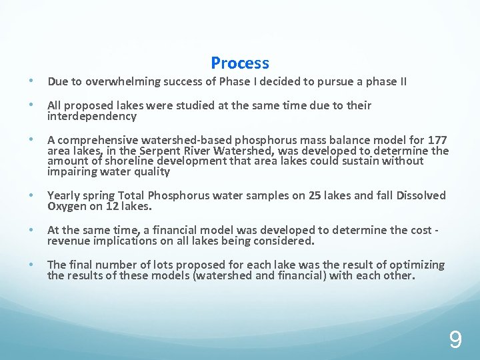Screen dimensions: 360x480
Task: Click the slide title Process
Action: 240,63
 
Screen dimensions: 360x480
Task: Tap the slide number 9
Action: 455,341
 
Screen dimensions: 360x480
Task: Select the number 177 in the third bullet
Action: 437,140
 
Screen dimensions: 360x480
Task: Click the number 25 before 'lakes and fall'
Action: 297,195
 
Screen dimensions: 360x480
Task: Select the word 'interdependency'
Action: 92,117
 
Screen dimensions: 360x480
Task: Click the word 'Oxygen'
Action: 66,206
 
